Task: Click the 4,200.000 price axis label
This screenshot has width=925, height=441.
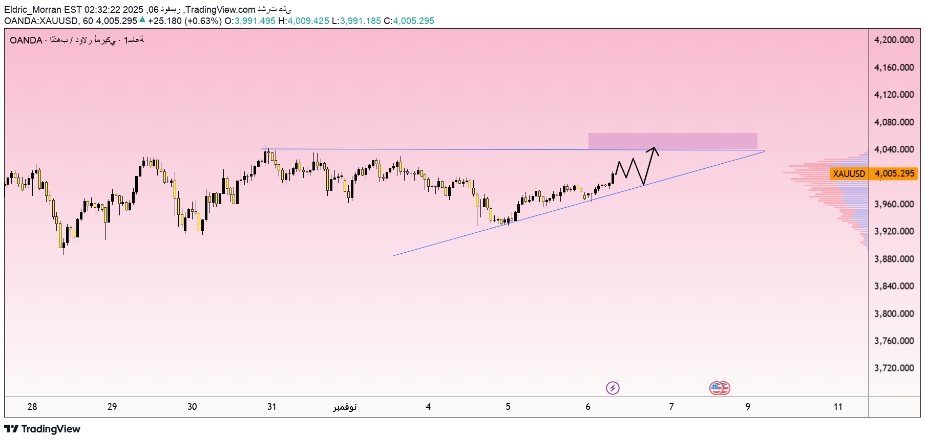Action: pos(894,40)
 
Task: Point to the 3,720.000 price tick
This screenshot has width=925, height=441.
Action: pos(894,368)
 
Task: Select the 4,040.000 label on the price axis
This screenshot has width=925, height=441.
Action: pos(894,149)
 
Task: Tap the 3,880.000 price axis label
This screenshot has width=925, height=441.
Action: pos(894,259)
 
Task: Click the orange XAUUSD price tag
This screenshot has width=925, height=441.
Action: pos(849,174)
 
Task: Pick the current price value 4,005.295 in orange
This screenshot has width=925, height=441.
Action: pos(894,173)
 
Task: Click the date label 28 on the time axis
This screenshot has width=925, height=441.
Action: pos(32,407)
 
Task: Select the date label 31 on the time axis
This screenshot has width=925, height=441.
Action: pos(272,407)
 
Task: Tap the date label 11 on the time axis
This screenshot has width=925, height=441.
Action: pos(838,407)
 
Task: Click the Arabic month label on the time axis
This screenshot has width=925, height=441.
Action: pos(345,407)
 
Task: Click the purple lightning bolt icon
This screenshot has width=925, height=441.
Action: pos(613,388)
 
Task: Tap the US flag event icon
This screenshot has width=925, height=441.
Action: pos(720,388)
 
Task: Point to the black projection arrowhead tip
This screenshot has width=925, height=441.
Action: pos(654,148)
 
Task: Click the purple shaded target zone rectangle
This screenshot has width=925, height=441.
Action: pos(672,141)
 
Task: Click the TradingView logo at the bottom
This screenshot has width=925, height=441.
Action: pos(43,429)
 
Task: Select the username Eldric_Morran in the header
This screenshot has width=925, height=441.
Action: pos(32,10)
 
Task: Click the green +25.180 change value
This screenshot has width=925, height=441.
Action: pos(164,21)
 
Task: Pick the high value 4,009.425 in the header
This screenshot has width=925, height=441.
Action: pos(308,21)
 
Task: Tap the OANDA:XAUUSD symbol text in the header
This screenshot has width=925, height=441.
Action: pos(41,21)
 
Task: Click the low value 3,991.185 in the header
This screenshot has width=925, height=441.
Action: pos(361,21)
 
